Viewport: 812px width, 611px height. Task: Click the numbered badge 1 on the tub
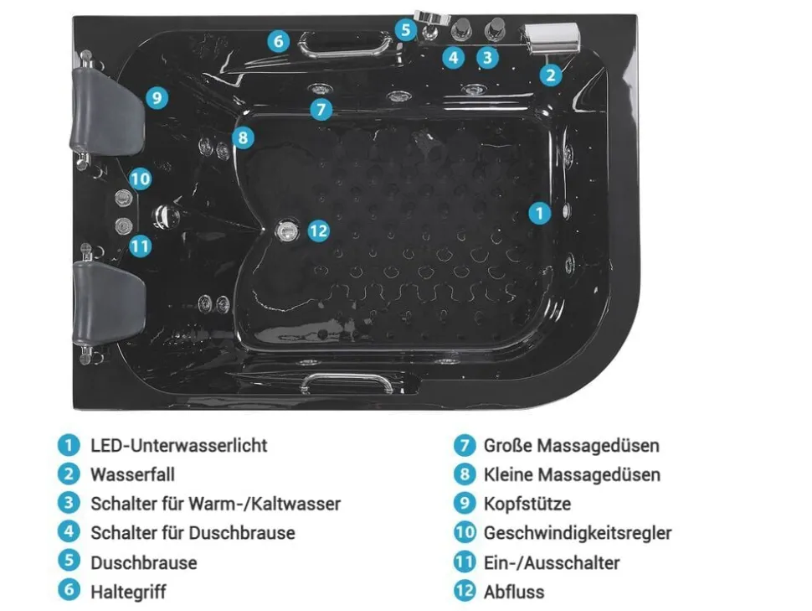point(539,213)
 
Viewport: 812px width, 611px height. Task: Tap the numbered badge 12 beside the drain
point(318,230)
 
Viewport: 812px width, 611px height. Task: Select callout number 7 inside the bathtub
point(321,110)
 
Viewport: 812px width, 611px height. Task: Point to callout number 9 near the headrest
point(157,97)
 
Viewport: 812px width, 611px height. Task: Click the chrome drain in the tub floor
point(287,230)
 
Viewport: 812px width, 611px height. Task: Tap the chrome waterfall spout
point(551,38)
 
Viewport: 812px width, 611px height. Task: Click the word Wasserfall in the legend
point(132,474)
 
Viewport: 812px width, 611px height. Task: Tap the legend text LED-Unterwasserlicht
point(178,446)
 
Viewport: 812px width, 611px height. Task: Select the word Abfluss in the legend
point(514,592)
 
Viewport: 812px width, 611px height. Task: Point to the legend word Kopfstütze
point(527,504)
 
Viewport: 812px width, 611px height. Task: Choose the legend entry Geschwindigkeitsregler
point(578,533)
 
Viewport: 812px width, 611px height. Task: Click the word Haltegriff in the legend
point(128,592)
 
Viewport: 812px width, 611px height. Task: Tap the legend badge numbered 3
point(69,503)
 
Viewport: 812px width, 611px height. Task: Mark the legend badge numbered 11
point(465,562)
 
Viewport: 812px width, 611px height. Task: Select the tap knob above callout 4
point(460,29)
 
